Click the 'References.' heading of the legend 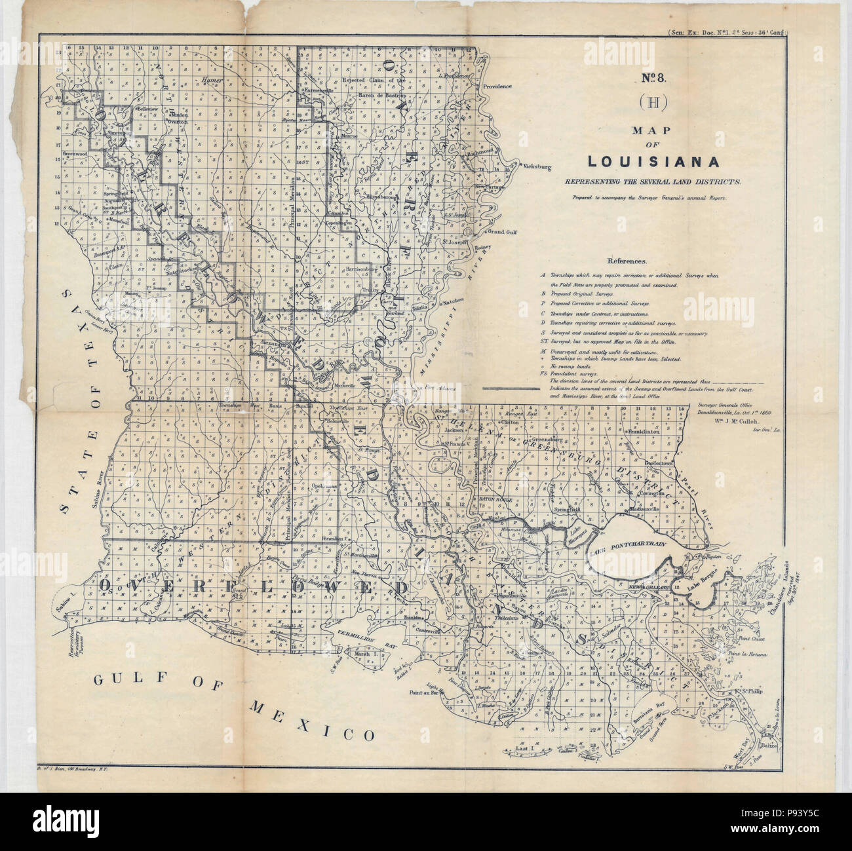click(x=627, y=261)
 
